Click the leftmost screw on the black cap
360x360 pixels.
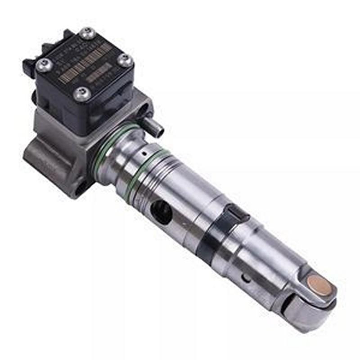[x=44, y=65]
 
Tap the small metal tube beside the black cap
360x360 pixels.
[x=154, y=126]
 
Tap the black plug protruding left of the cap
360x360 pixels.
[x=28, y=67]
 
